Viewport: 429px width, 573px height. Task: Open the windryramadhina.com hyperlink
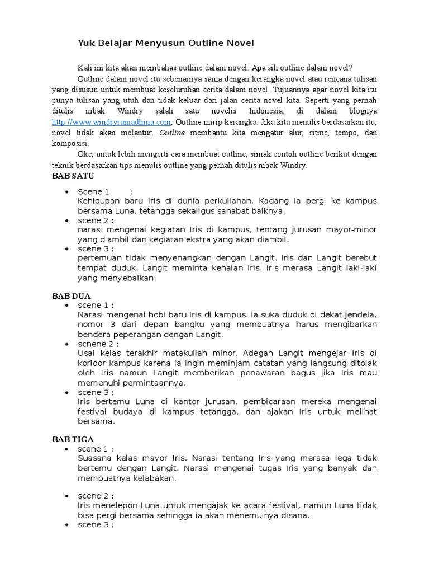tap(111, 121)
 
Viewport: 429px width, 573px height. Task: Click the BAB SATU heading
tap(73, 176)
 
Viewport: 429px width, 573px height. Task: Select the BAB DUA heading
tap(71, 295)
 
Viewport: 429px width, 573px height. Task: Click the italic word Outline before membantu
tap(173, 133)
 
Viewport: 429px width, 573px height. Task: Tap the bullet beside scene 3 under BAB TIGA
tap(67, 525)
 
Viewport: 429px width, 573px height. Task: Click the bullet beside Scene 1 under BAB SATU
tap(67, 192)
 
